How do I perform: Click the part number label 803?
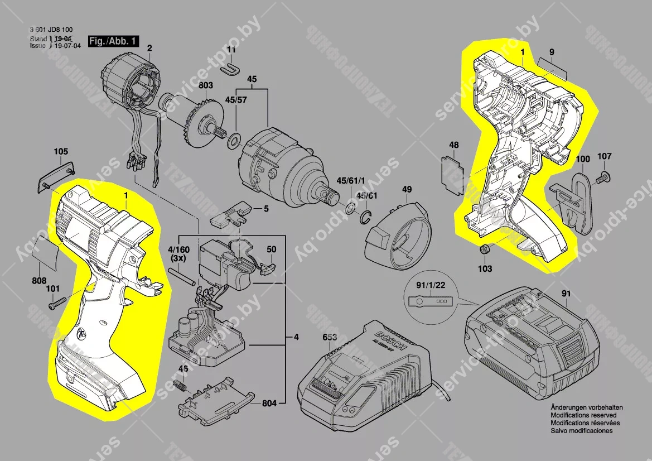point(206,86)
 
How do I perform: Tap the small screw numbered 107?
point(602,178)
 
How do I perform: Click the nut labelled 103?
point(484,249)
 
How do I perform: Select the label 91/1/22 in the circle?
point(431,285)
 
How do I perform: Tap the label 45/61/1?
point(350,183)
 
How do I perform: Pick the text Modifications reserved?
point(583,415)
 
